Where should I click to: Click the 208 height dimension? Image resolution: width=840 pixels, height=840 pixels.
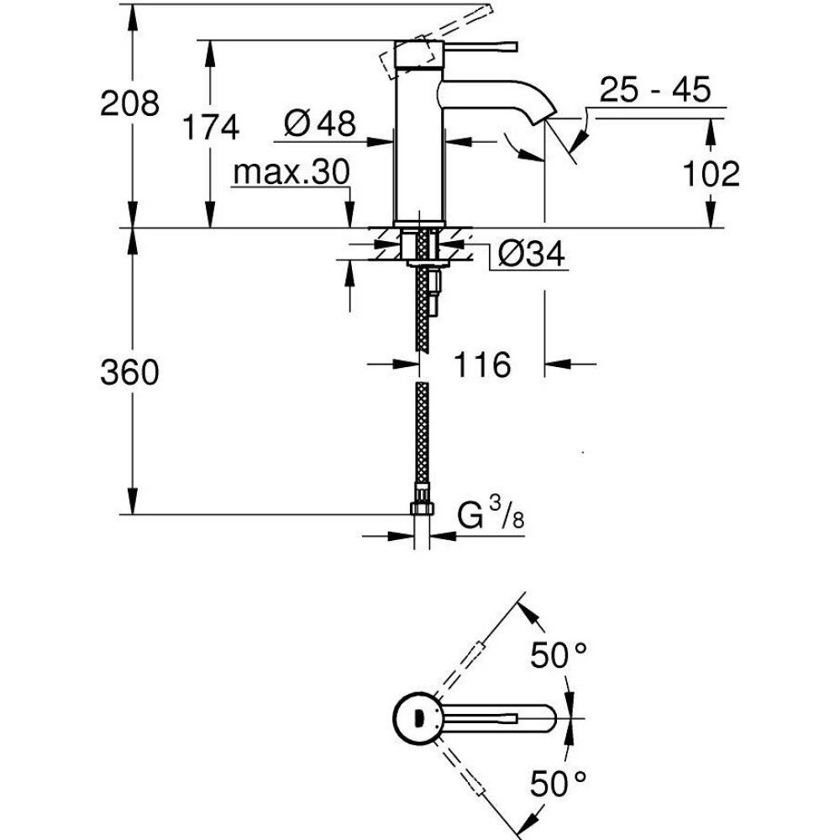pos(129,103)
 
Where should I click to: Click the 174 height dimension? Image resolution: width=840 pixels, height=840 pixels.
pos(211,128)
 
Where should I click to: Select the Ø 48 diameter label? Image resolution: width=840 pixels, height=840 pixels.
pos(320,123)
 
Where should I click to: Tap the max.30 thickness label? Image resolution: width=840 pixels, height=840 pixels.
pos(291,171)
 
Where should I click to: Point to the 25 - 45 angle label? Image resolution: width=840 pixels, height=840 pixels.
pos(654,90)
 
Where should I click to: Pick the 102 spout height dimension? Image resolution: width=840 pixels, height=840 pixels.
pos(711,174)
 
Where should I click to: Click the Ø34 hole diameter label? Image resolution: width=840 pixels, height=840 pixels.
pos(531,254)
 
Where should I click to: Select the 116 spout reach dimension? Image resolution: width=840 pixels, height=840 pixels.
pos(482,365)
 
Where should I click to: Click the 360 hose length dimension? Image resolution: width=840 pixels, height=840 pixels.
pos(129,372)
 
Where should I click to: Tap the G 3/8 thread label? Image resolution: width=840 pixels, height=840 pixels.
pos(491,513)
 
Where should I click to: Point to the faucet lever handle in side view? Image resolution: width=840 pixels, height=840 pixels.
pos(480,47)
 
